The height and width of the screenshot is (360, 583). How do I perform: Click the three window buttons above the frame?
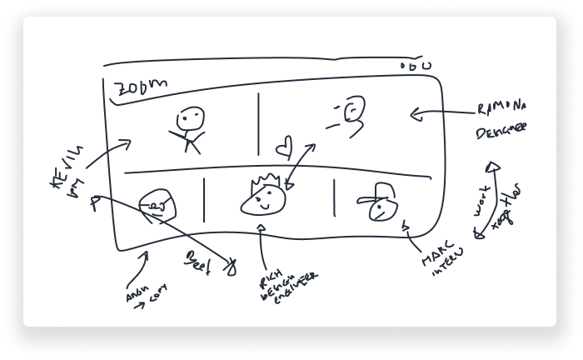tap(416, 66)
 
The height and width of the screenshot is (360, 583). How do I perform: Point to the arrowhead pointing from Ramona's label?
tap(417, 113)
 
